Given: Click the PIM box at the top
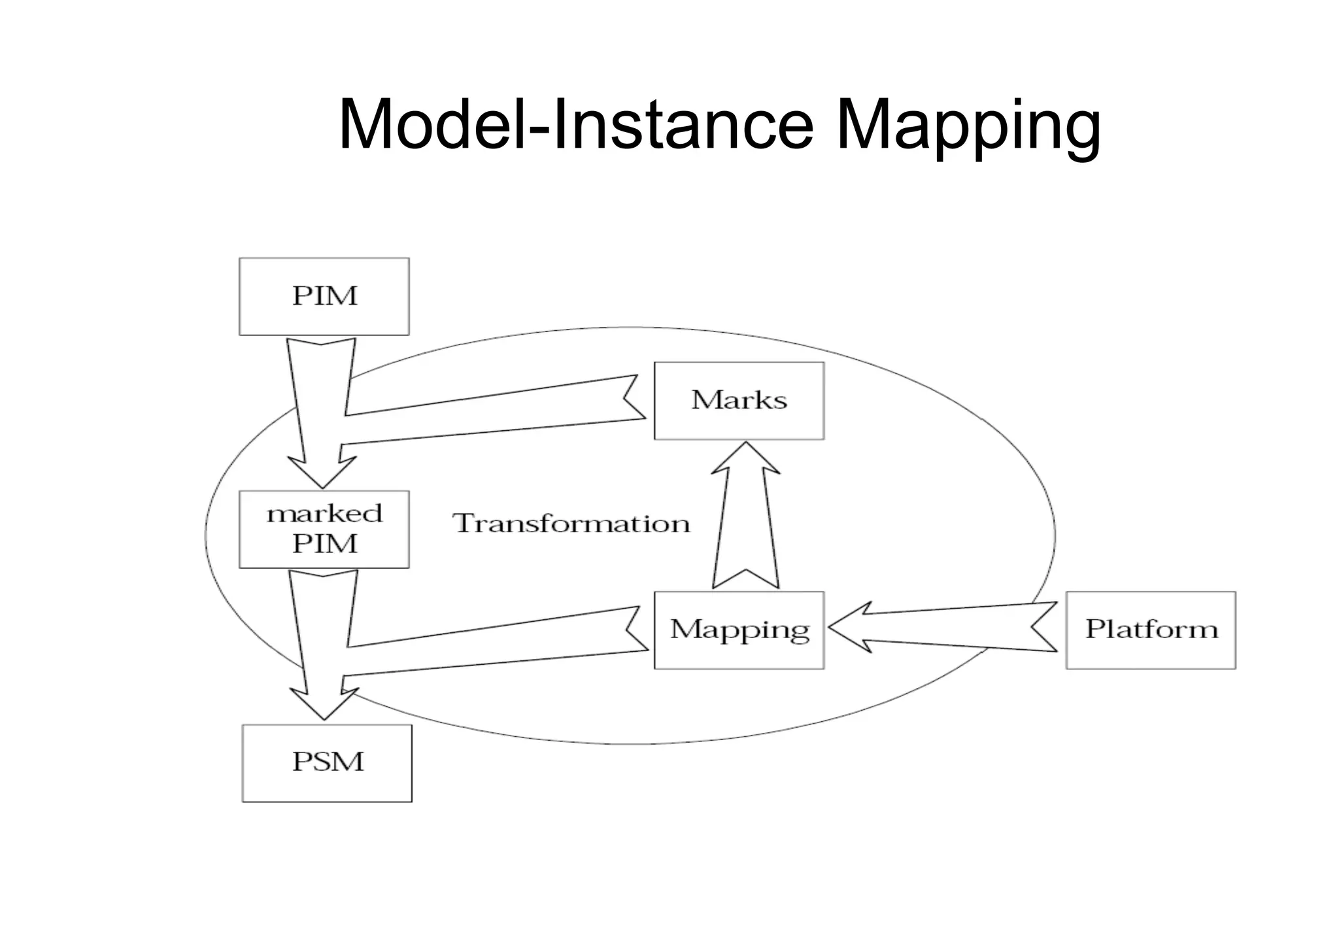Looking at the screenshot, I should [324, 296].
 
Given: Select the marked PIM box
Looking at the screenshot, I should [324, 529].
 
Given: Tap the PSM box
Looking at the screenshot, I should [327, 762].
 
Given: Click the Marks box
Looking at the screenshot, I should [739, 400].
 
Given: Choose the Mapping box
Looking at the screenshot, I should [739, 630].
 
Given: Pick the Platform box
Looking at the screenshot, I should [1151, 630].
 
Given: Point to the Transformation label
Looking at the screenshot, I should [571, 524].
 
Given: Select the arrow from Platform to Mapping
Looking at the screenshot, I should [948, 627].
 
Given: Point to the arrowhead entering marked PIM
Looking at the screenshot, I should [322, 472].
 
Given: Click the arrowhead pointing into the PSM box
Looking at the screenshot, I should [324, 704].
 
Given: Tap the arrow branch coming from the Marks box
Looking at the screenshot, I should [490, 412].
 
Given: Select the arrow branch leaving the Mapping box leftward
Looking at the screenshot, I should [490, 644].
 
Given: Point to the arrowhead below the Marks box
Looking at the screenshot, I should [746, 458].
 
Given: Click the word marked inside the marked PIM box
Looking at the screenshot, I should [324, 514].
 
